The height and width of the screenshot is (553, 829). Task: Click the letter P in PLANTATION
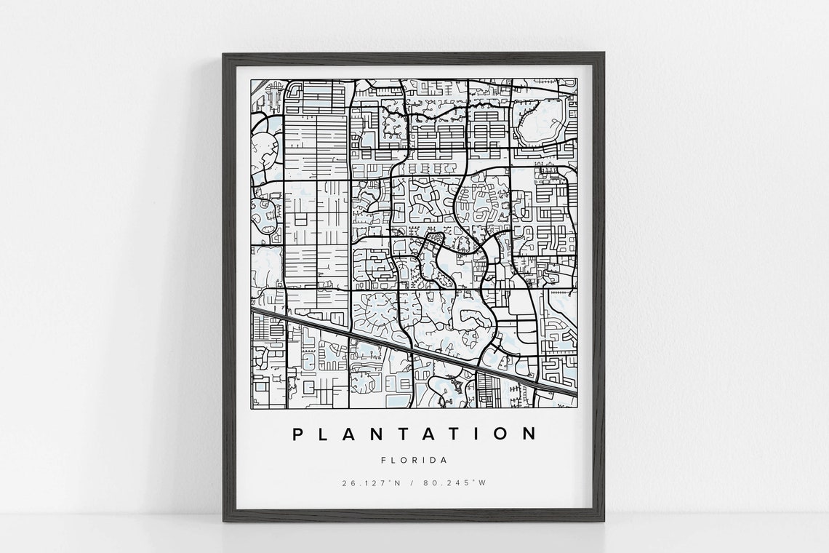coord(298,434)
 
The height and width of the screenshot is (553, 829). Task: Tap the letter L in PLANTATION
coord(326,434)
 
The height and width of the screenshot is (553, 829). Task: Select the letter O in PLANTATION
coord(501,434)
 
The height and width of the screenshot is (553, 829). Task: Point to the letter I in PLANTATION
coord(476,434)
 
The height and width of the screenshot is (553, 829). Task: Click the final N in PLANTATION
coord(529,434)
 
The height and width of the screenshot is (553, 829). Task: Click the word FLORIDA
coord(414,460)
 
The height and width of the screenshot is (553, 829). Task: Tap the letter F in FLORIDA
coord(383,460)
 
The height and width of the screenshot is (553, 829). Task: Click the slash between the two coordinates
coord(414,483)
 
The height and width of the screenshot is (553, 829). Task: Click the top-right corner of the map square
coord(577,79)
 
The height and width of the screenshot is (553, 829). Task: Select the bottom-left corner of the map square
coord(252,408)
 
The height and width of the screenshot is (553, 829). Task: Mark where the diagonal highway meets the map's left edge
coord(252,310)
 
